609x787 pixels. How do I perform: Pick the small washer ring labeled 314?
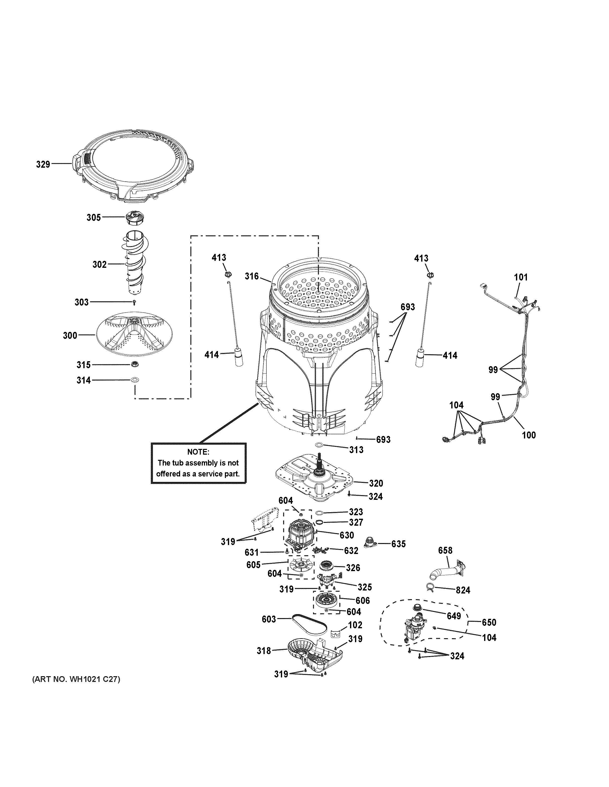pos(135,380)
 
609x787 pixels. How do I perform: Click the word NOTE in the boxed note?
pos(198,452)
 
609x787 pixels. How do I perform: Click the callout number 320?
pos(376,483)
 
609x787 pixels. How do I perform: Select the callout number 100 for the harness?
pos(529,435)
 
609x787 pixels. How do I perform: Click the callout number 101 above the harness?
pos(520,277)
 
